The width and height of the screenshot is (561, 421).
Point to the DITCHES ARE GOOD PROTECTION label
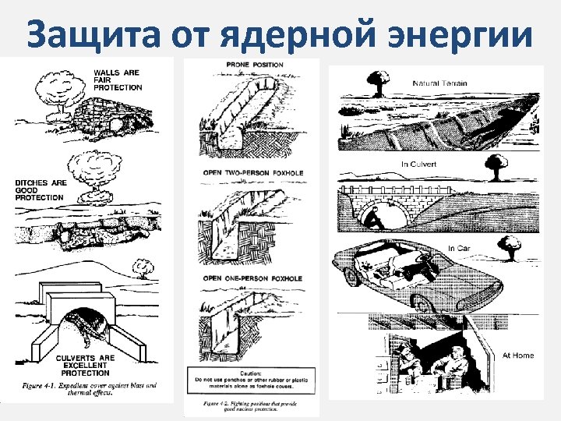coord(39,190)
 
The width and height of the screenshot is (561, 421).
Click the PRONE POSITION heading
coord(254,65)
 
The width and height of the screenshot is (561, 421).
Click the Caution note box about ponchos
coord(252,380)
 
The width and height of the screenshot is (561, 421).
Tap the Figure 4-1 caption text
coord(90,388)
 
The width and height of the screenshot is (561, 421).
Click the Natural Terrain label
coord(440,82)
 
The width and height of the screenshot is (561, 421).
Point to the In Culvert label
coord(419,165)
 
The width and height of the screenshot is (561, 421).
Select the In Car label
coord(459,248)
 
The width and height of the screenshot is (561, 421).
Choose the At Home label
coord(518,355)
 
